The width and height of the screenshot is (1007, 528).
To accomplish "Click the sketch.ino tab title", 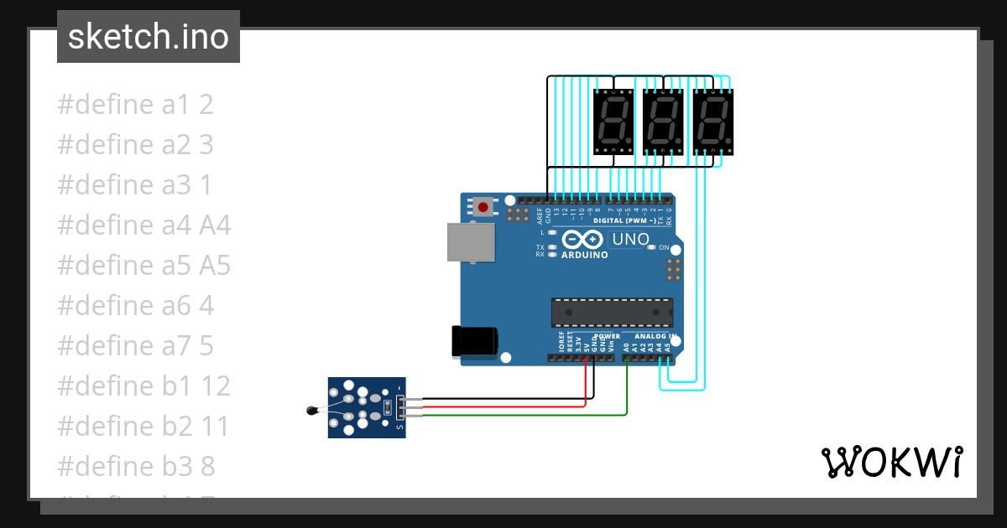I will tap(148, 37).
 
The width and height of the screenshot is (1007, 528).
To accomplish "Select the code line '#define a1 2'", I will tap(135, 105).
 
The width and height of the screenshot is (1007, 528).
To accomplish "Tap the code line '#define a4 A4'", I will tap(143, 225).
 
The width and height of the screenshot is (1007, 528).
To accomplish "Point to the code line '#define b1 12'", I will tap(143, 386).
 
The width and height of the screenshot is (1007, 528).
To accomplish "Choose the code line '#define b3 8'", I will tap(136, 467).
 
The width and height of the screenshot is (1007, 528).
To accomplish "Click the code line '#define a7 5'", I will tap(135, 346).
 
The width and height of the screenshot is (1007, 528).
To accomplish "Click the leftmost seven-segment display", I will tap(613, 122).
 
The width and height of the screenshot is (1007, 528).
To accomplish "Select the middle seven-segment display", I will tap(663, 122).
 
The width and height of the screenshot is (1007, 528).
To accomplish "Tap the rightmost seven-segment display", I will tap(712, 122).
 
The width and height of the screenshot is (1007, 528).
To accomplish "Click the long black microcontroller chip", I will tap(612, 313).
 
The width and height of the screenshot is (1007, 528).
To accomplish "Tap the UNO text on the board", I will tap(631, 240).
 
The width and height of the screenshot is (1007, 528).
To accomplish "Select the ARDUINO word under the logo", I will tap(584, 255).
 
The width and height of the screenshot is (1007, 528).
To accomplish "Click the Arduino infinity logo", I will tap(583, 239).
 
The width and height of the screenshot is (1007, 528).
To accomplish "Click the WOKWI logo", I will tap(891, 462).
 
